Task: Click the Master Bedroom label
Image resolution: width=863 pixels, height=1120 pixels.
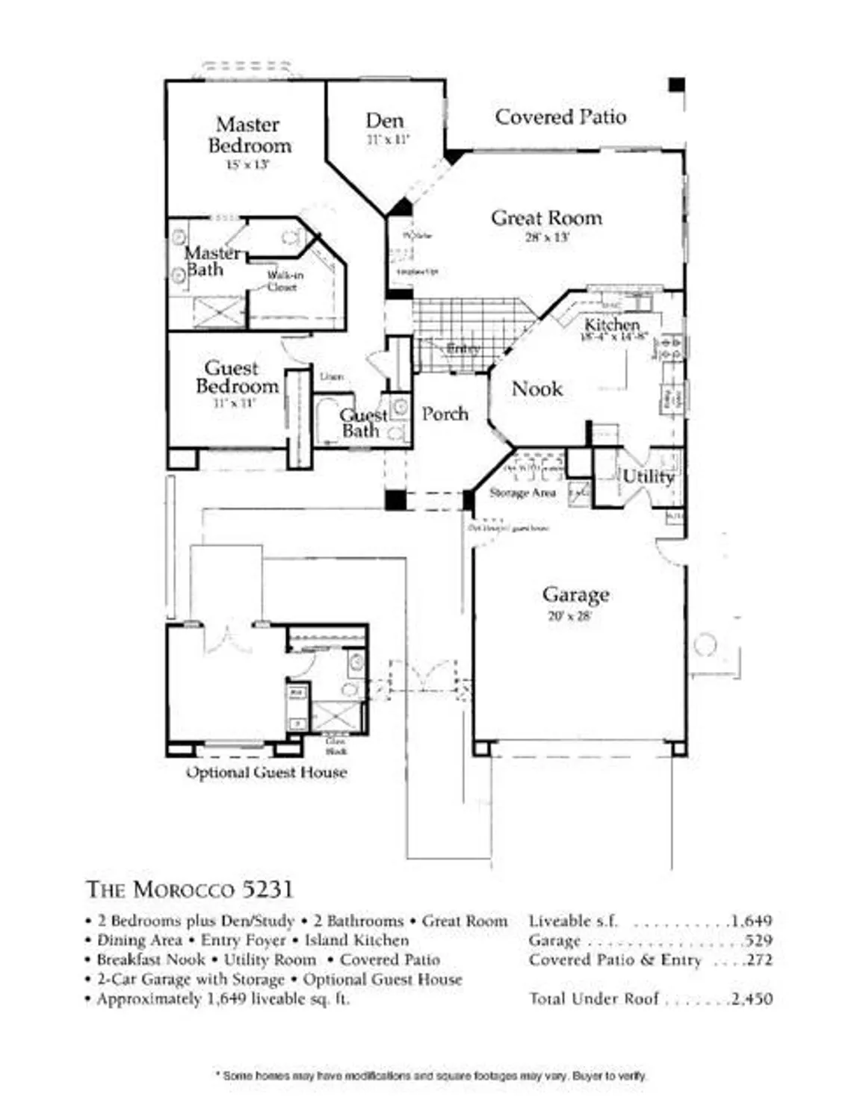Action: point(249,135)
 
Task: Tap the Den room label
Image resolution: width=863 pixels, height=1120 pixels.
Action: point(385,120)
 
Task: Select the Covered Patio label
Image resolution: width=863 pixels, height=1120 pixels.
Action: point(560,116)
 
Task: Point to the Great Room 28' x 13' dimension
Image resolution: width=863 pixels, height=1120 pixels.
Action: point(547,237)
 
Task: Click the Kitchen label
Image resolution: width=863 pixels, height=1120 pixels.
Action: point(612,324)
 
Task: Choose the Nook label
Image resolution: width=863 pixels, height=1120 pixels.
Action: point(537,388)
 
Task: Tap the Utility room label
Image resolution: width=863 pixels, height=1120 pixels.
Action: point(648,476)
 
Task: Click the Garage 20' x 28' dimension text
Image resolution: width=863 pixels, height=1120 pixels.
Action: point(569,616)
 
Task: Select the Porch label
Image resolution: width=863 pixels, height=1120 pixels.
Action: point(445,414)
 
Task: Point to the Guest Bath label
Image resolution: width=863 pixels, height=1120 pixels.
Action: point(363,423)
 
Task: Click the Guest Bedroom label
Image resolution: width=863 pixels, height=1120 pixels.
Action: point(235,377)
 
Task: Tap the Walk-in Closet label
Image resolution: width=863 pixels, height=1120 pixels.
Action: point(285,281)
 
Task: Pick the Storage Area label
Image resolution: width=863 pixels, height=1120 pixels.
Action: point(522,493)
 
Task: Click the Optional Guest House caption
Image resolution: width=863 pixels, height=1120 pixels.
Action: point(266,772)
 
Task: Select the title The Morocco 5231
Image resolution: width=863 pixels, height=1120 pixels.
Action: point(190,889)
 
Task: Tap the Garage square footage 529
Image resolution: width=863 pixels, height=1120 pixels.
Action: point(758,941)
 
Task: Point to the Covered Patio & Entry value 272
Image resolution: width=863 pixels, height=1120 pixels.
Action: point(758,960)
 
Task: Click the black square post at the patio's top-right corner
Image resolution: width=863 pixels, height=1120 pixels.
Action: point(676,84)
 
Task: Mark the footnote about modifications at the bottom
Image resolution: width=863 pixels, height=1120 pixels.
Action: point(431,1076)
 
